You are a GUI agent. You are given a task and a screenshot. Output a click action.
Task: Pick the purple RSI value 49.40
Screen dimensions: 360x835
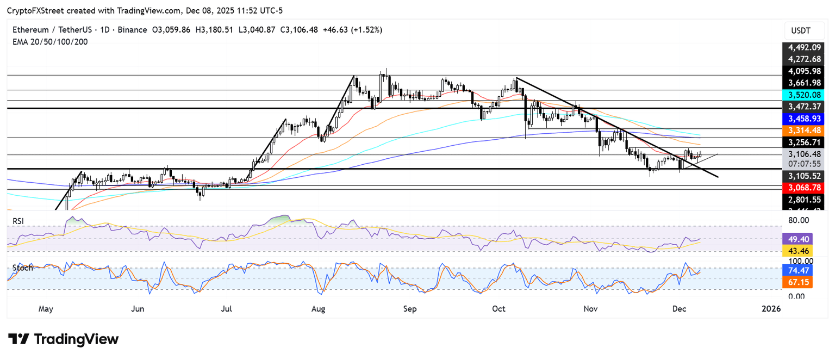pos(796,238)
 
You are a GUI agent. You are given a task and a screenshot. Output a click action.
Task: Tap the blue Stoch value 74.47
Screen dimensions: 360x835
pos(796,270)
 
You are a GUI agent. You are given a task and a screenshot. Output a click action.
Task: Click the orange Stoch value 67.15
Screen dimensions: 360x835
pos(796,282)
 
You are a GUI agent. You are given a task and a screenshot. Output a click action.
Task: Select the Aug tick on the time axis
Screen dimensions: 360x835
pos(318,309)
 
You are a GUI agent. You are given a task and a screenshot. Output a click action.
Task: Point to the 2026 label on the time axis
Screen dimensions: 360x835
pos(771,309)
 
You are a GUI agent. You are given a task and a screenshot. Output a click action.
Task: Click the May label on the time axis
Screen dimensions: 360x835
pos(46,309)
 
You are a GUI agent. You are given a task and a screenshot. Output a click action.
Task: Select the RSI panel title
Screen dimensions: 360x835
pos(19,221)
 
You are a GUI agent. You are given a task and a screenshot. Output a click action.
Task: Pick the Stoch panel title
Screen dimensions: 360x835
pos(22,268)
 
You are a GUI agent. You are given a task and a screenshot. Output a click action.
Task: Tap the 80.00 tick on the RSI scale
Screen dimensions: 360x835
pos(798,220)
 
